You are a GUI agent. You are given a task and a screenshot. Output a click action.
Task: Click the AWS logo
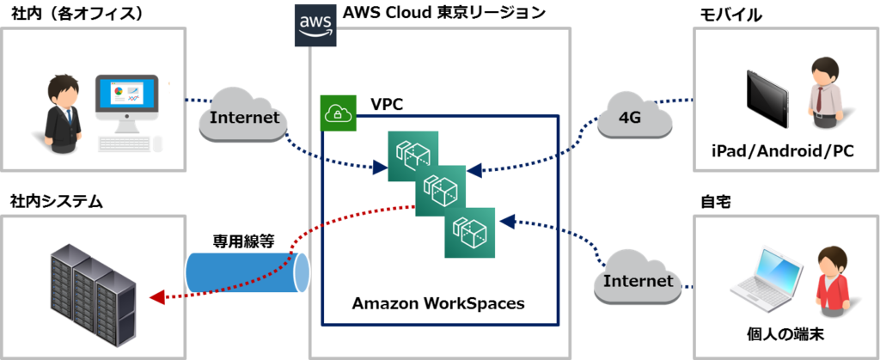(315, 25)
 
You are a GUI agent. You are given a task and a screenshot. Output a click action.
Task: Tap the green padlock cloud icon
(338, 113)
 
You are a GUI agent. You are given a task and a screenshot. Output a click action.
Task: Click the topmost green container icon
(413, 156)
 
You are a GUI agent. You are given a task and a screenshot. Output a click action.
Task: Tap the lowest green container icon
(470, 232)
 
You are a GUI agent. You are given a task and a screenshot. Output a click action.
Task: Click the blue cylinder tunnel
(247, 273)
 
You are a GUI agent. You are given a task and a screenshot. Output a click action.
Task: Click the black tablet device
(767, 98)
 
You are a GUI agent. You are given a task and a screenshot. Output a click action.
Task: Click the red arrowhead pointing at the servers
(155, 298)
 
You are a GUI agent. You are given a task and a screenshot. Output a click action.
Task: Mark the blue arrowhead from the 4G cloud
(474, 170)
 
